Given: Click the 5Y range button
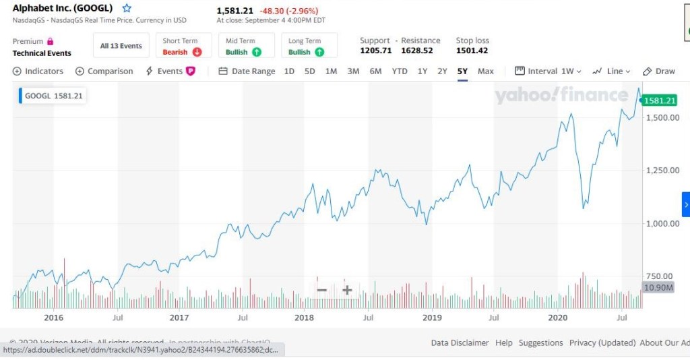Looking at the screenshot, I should coord(462,71).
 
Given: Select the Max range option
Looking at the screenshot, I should coord(485,71).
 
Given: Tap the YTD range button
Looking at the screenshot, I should coord(400,71).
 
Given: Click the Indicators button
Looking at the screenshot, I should coord(38,71).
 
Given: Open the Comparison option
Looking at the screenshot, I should coord(104,71).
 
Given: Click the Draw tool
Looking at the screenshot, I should coord(659,71).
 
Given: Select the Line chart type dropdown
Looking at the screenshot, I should coord(611,71).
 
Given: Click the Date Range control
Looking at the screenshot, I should coord(247,71).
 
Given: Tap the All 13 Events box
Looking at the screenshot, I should coord(121,46).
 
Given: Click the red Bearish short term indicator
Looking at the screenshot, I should coord(183,52).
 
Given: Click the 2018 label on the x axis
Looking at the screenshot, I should coord(305,317).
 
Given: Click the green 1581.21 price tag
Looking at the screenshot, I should coord(659,100).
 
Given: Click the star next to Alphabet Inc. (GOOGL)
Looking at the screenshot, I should coord(127,9).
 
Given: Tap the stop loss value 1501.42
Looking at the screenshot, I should coord(472,51).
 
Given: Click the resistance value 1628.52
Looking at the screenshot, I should coord(416,51).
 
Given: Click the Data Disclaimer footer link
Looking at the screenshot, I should coord(460,342).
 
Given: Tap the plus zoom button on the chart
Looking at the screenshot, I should coord(347,290).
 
